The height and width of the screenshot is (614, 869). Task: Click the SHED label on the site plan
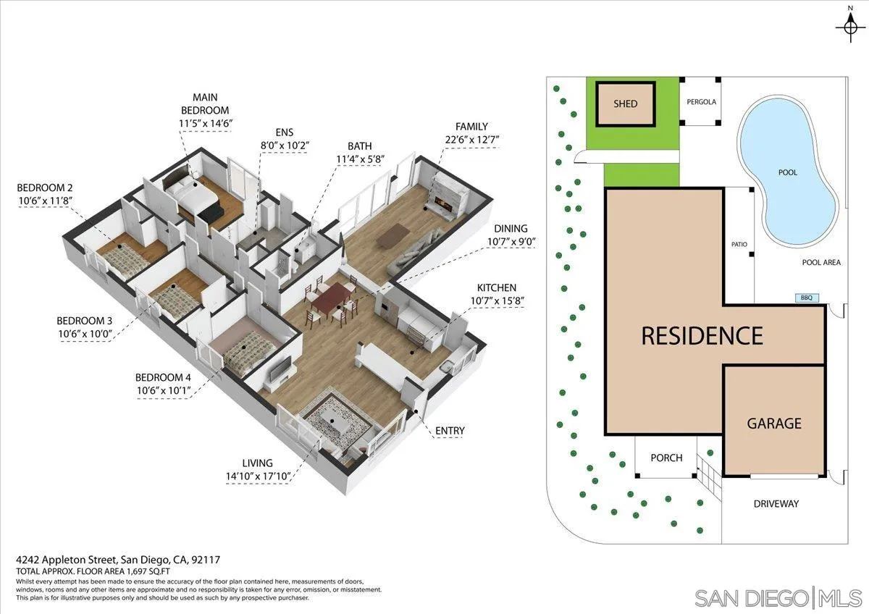click(x=625, y=104)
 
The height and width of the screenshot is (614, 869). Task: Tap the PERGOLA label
click(x=701, y=102)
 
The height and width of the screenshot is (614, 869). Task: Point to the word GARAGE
click(x=774, y=423)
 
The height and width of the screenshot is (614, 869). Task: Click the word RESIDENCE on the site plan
click(x=702, y=336)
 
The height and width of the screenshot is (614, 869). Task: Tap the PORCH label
click(x=666, y=458)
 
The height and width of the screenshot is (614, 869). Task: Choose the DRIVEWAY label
click(x=776, y=503)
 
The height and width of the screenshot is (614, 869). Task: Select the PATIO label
click(x=739, y=245)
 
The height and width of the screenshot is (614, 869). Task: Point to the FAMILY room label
click(x=471, y=127)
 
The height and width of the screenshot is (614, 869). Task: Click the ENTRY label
click(x=450, y=431)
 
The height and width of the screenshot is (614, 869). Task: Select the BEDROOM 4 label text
click(x=163, y=377)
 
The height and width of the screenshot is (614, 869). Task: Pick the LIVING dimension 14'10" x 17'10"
click(x=258, y=476)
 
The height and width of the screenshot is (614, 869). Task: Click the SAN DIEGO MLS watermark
click(x=778, y=598)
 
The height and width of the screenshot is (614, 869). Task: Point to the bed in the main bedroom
click(x=194, y=194)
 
